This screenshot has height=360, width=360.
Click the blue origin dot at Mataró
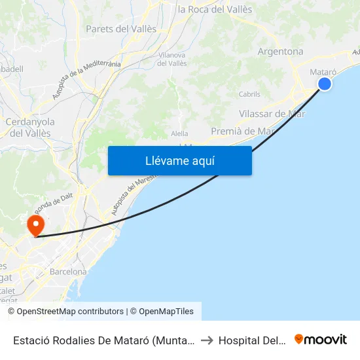324,84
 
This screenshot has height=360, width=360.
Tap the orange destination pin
35,226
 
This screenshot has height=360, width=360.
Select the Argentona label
281,52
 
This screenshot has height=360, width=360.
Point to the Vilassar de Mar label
272,113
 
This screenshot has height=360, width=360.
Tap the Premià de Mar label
242,131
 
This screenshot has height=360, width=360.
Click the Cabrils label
249,94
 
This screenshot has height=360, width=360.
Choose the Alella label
179,134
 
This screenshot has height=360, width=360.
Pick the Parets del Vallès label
121,29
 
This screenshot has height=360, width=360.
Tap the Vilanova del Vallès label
172,60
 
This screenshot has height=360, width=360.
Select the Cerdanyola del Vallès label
30,127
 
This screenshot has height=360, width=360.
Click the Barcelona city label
68,272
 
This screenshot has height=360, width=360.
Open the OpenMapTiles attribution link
162,312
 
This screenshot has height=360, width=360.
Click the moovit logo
321,339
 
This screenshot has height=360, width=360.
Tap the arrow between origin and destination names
206,340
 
